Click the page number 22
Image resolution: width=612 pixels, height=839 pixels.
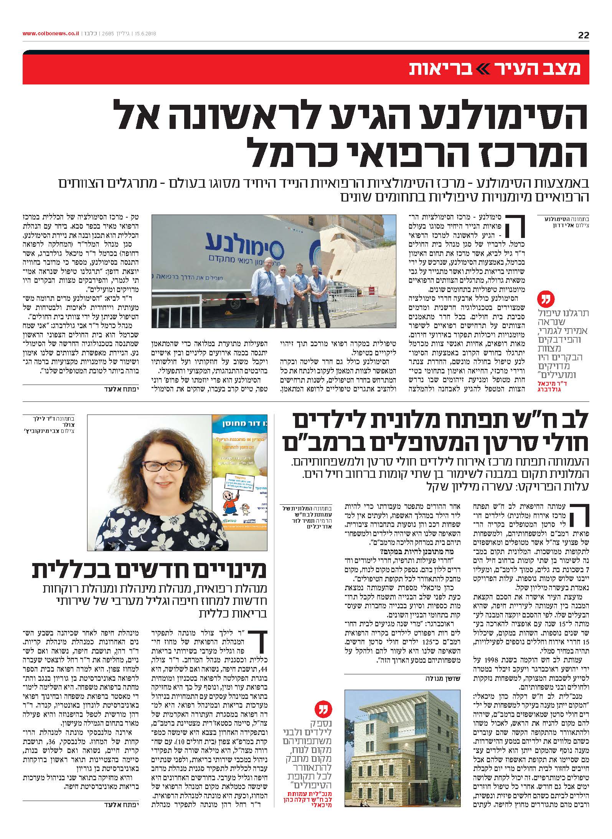(x=583, y=35)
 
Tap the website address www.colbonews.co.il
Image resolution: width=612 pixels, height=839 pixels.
(x=51, y=34)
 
